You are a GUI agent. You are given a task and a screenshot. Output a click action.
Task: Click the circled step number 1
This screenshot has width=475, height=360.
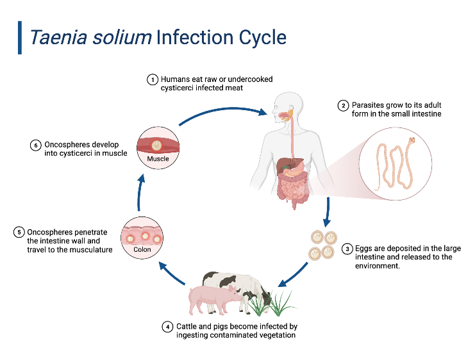[x=153, y=79]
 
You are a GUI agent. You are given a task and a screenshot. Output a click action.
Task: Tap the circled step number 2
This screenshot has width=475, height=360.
[x=344, y=106]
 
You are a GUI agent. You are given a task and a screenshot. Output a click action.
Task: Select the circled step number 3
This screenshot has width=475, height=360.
[x=347, y=249]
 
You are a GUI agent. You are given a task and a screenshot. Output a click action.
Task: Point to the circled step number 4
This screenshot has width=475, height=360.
[x=168, y=327]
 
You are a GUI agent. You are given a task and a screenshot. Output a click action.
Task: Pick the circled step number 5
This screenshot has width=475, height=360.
[x=19, y=232]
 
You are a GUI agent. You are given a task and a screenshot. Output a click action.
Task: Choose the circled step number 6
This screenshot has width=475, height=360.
[x=36, y=145]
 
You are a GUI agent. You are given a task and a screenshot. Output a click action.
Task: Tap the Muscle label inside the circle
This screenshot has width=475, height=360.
[x=158, y=158]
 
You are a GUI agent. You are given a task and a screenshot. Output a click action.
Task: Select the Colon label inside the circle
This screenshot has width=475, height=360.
[x=143, y=250]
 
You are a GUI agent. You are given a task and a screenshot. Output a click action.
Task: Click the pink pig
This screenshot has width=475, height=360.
[x=212, y=298]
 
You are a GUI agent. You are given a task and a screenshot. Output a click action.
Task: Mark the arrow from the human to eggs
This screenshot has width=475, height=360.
[x=328, y=212]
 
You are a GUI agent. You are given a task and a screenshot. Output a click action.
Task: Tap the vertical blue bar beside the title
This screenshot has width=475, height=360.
[x=19, y=37]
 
